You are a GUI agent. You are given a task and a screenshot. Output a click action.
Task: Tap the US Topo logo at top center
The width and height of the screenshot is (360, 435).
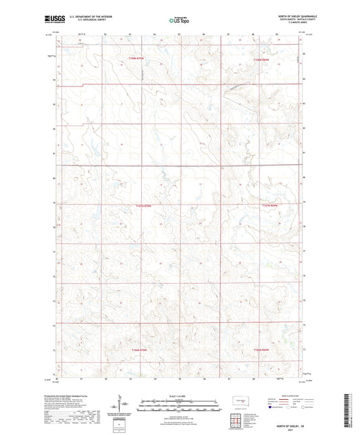click(x=178, y=20)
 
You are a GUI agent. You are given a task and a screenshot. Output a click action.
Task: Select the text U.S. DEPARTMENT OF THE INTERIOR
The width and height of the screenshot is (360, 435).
click(x=87, y=16)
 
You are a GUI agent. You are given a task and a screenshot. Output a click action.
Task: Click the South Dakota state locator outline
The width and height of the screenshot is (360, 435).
click(x=236, y=401)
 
